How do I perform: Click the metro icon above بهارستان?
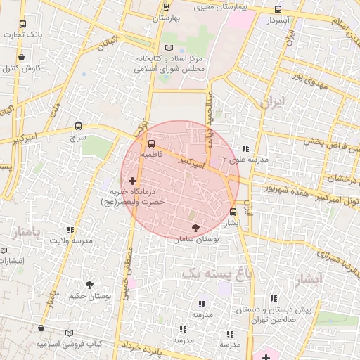tap(166, 7)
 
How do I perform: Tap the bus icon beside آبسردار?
tap(278, 10)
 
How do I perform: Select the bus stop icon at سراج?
tap(77, 128)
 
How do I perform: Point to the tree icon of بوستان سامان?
tap(195, 228)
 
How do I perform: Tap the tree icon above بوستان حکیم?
tap(89, 284)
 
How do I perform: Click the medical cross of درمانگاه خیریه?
tap(132, 181)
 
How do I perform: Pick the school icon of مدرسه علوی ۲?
tap(245, 149)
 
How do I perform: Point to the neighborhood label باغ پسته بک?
tap(215, 274)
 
